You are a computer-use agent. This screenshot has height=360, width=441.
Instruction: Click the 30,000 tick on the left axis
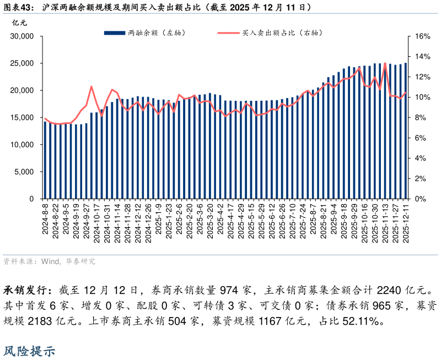(23, 36)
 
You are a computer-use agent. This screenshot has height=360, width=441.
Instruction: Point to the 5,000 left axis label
(25, 171)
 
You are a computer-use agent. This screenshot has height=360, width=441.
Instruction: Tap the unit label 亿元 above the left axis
(19, 23)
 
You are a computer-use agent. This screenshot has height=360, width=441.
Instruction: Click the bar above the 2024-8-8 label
(45, 160)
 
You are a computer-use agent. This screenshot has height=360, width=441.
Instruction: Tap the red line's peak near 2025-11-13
(385, 63)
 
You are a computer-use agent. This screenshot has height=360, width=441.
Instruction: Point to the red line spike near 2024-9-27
(92, 87)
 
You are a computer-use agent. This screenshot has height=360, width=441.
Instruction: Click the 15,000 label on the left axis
(23, 117)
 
